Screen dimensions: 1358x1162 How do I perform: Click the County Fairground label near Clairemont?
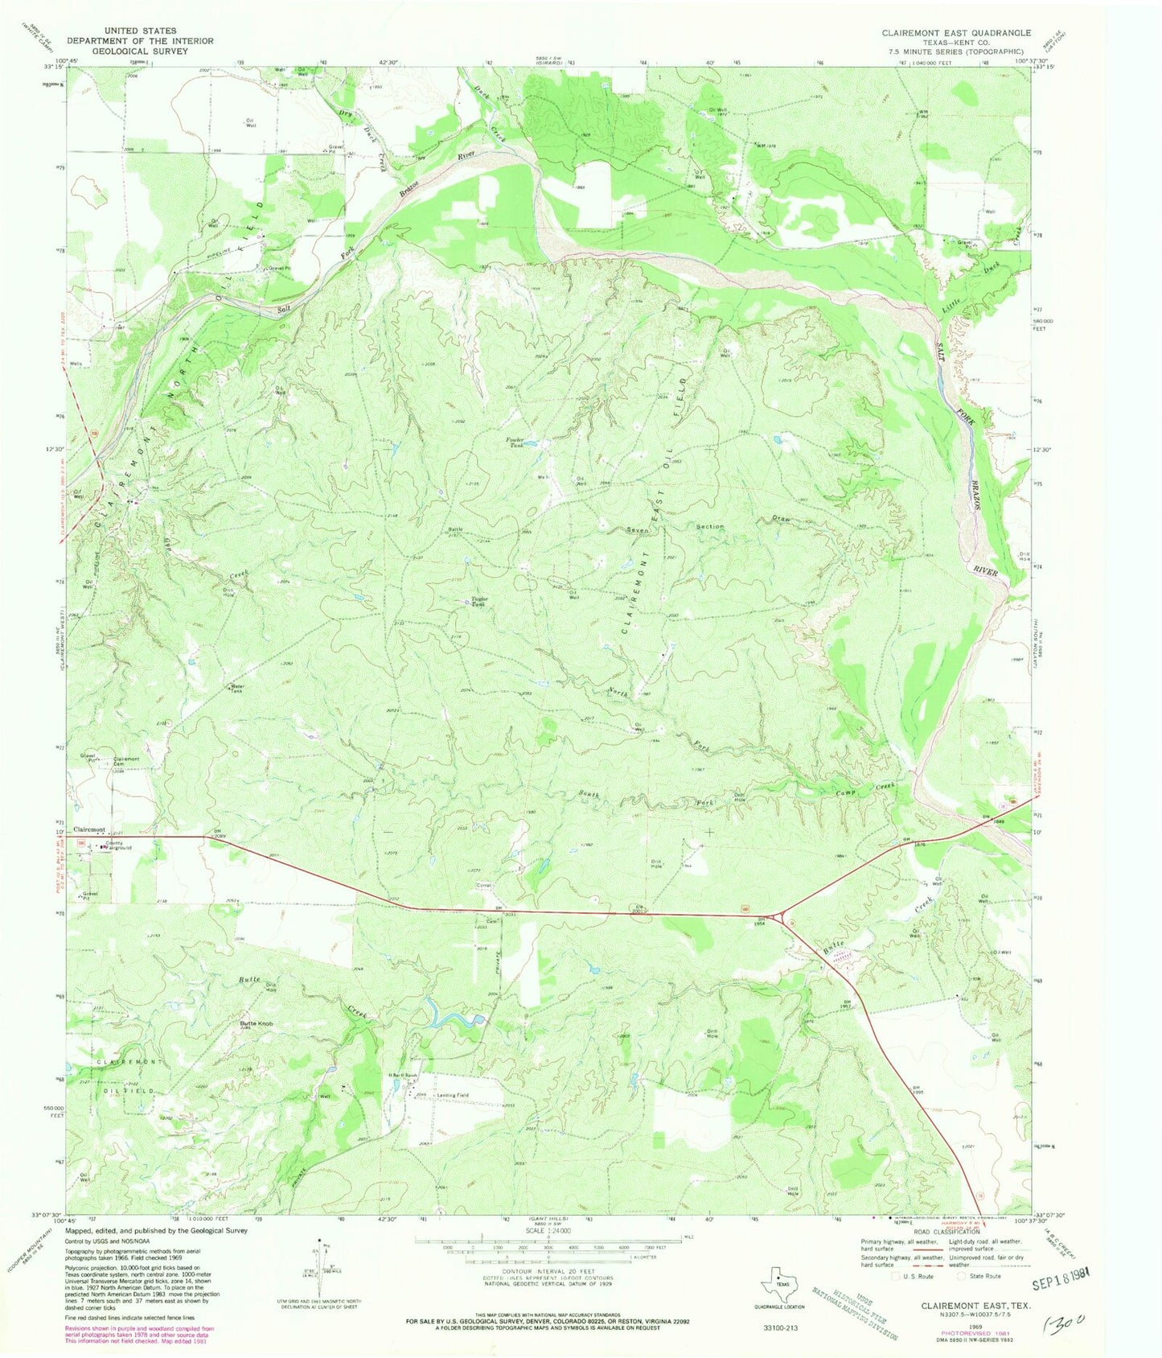[x=117, y=846]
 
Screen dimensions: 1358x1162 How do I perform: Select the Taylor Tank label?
[x=480, y=601]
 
